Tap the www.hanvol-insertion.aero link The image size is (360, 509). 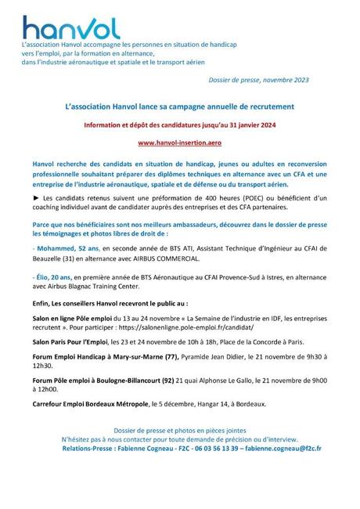tap(179, 143)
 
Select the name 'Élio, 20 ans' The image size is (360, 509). tap(52, 279)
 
